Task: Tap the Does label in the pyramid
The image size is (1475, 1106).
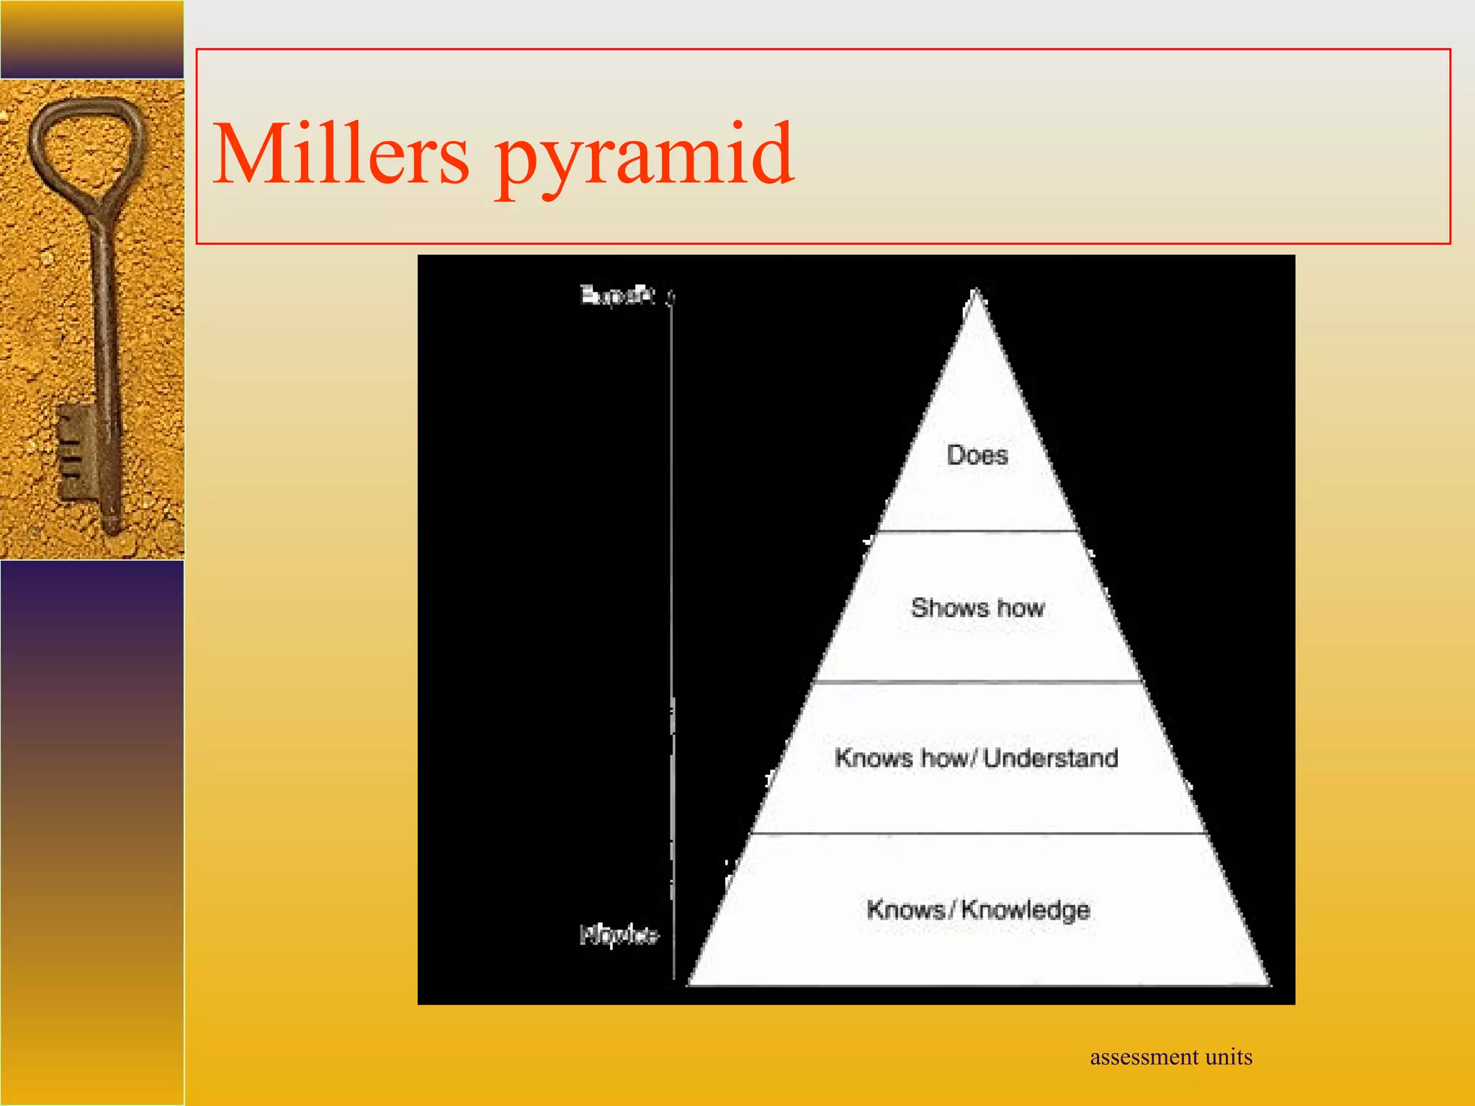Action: point(977,455)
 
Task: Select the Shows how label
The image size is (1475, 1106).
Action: point(977,608)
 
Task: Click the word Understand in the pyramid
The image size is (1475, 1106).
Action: point(1051,758)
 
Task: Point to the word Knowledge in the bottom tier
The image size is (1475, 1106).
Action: point(1026,910)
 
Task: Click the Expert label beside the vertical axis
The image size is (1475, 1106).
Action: point(618,295)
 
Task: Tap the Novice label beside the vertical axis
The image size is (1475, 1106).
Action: point(619,935)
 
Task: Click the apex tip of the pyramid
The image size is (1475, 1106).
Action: point(976,294)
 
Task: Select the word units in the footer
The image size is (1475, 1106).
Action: point(1229,1057)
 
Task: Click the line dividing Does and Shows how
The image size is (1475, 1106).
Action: point(977,531)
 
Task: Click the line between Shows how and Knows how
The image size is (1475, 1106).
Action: point(977,681)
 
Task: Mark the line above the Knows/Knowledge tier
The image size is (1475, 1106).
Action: point(977,834)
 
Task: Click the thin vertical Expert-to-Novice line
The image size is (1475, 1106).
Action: point(672,576)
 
